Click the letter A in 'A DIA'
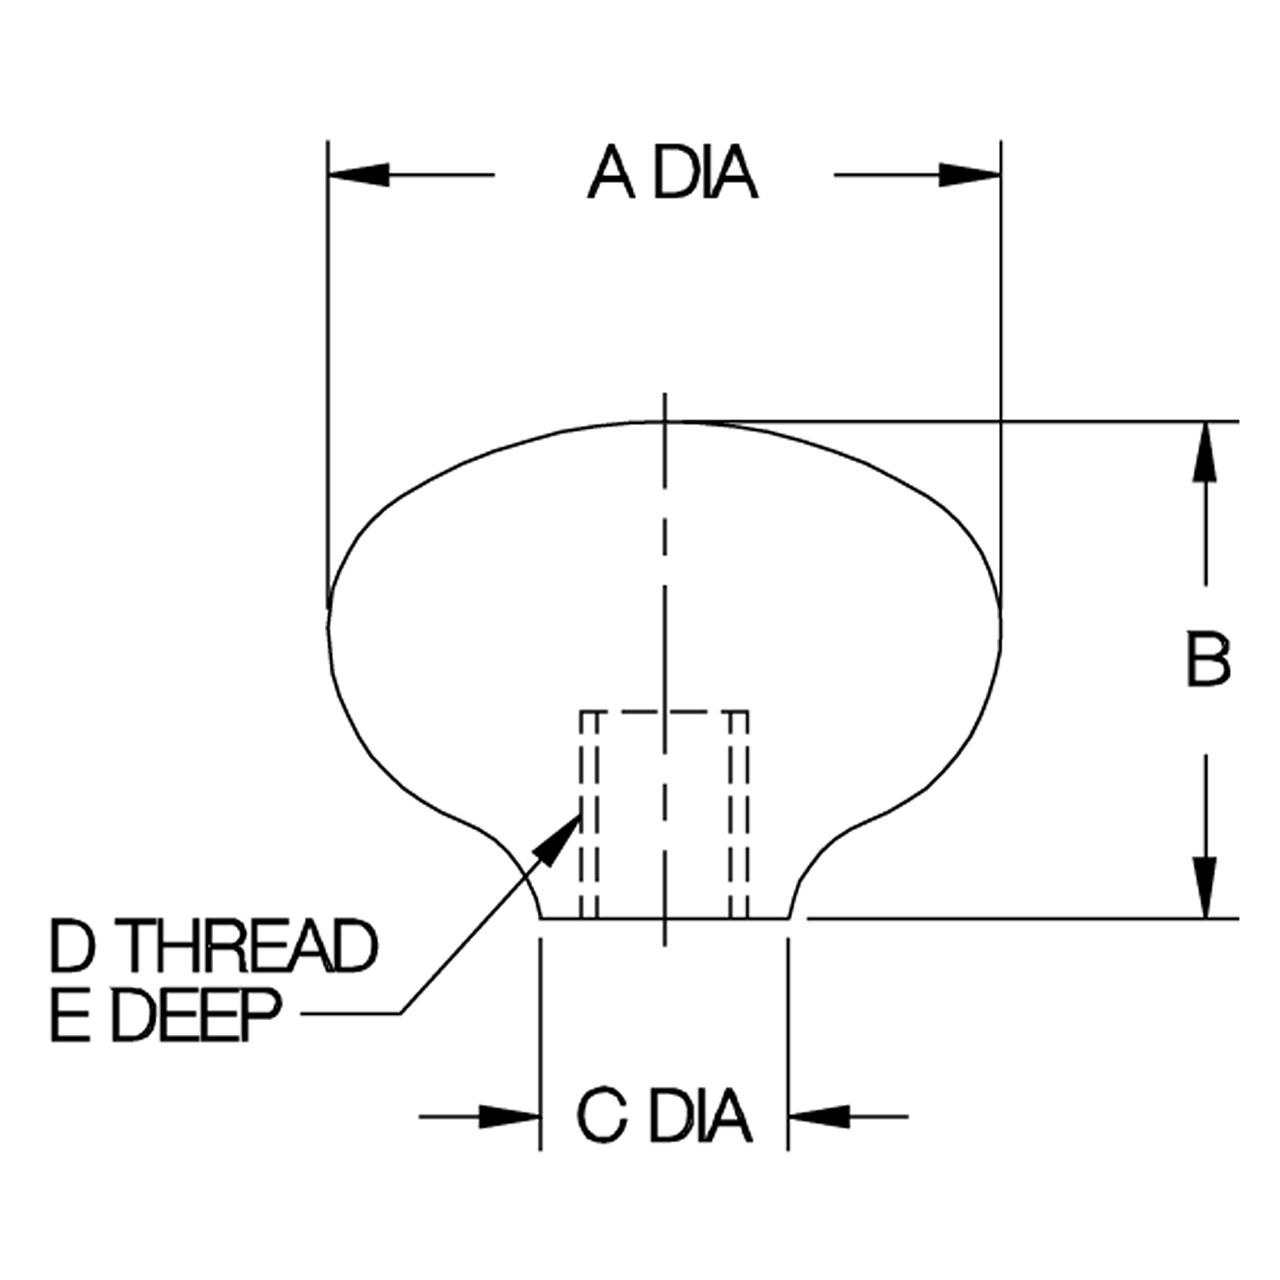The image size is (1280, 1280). pyautogui.click(x=611, y=174)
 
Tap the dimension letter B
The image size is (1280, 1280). pyautogui.click(x=1208, y=662)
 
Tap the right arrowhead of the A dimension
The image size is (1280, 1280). pyautogui.click(x=970, y=175)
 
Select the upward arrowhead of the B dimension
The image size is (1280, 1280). pyautogui.click(x=1205, y=452)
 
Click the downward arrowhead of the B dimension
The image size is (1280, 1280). pyautogui.click(x=1205, y=889)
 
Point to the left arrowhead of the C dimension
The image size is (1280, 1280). pyautogui.click(x=509, y=1117)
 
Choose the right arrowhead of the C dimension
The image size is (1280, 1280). pyautogui.click(x=819, y=1117)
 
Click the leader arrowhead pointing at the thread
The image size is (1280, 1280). pyautogui.click(x=559, y=840)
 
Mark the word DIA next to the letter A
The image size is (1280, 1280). pyautogui.click(x=705, y=174)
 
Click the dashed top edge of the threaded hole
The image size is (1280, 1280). pyautogui.click(x=665, y=713)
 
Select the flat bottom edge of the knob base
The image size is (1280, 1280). pyautogui.click(x=664, y=919)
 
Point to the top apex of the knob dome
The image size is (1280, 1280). pyautogui.click(x=665, y=421)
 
